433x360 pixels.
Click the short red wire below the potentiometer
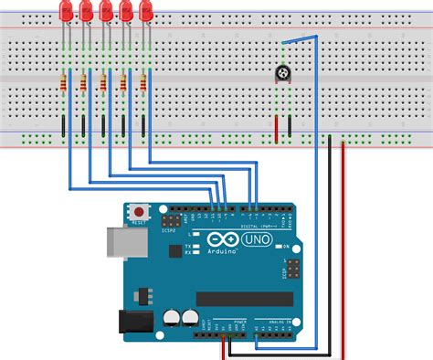click(x=276, y=126)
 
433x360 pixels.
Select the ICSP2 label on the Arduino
click(x=169, y=230)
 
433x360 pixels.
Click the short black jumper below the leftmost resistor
click(x=63, y=126)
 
